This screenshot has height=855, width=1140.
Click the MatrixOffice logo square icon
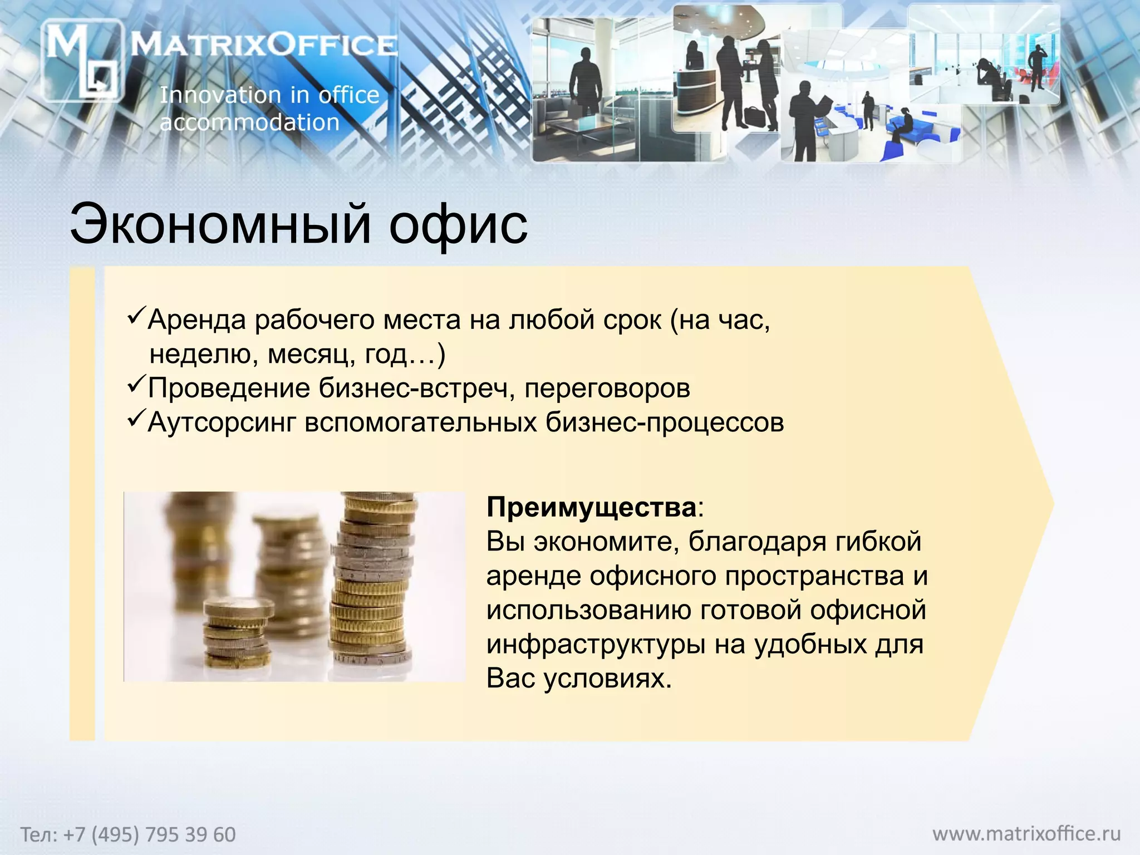tap(82, 60)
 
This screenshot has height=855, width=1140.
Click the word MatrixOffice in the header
tap(264, 45)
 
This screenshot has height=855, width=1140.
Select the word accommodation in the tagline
tap(249, 122)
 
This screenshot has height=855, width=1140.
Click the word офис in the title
tap(458, 225)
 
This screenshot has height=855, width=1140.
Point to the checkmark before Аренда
tap(136, 316)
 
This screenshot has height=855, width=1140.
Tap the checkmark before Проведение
tap(136, 384)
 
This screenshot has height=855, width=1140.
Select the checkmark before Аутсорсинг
tap(136, 419)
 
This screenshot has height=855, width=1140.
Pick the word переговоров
tap(607, 389)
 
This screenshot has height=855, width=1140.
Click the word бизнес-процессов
tap(665, 422)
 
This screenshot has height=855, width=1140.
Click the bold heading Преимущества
tap(591, 507)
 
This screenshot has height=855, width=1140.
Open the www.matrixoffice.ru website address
tap(1026, 834)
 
